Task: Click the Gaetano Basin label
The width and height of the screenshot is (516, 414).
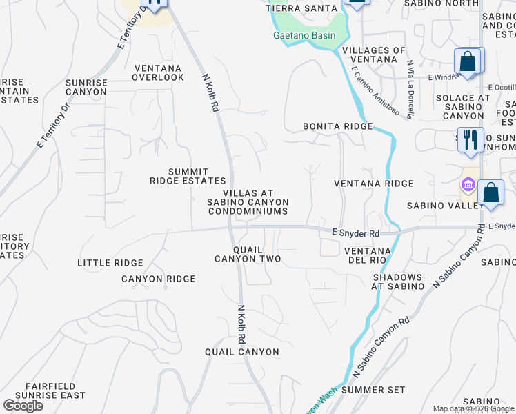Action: coord(304,36)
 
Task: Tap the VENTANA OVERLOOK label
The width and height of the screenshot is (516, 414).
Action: coord(159,73)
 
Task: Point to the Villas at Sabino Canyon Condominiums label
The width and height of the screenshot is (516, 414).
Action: coord(248,202)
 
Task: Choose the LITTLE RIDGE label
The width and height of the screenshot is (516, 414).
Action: coord(110,263)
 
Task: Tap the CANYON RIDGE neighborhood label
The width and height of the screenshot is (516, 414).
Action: coord(159,279)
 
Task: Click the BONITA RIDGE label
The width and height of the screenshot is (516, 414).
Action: coord(338,127)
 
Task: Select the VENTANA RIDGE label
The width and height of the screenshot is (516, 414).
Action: coord(373,184)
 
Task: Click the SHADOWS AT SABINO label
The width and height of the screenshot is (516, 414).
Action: coord(398,282)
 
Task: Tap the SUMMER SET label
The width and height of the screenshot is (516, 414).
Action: coord(373,390)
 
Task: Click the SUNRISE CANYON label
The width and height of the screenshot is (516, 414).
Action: coord(86,87)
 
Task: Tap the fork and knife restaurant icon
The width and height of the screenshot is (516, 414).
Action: coord(471,139)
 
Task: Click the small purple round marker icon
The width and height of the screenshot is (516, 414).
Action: coord(468,185)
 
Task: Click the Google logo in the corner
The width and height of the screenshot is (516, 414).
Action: coord(23,406)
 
